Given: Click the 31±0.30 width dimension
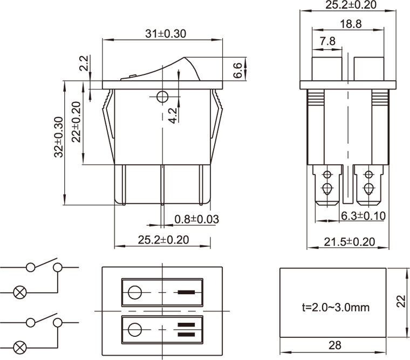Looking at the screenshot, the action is tap(166, 34).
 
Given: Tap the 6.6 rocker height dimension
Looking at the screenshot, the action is tap(238, 70).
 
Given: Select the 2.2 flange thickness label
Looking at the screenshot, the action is tap(84, 63).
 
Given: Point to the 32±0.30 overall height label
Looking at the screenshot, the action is tap(59, 137).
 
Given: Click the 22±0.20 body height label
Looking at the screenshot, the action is tap(77, 122).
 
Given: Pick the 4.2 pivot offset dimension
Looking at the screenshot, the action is tap(172, 115).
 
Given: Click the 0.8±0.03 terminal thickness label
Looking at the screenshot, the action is tap(196, 219).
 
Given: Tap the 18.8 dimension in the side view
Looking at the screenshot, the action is tap(351, 24).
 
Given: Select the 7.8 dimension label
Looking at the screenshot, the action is tap(327, 41).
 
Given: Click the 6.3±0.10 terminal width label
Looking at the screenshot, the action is tap(364, 216).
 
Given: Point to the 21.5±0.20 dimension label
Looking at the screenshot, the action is tap(350, 242).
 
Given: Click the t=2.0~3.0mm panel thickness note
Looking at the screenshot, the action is tap(336, 307).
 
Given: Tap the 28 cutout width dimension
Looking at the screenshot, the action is tap(334, 345).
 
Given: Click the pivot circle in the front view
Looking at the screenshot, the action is tap(162, 97).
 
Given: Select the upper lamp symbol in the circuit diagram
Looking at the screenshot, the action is tap(19, 292).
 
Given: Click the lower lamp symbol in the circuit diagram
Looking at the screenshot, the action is tap(19, 348).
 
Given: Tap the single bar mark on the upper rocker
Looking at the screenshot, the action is tap(186, 292).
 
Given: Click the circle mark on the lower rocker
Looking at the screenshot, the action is tap(135, 330).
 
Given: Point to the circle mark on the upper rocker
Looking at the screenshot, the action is tap(135, 292).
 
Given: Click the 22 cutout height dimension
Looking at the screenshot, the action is tap(401, 301).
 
